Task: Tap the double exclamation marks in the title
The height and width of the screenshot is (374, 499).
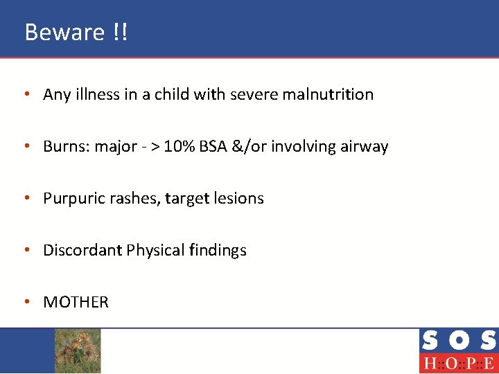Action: [x=119, y=32]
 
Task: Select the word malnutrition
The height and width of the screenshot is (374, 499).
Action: [x=328, y=94]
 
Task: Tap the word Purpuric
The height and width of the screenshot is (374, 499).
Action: [x=71, y=199]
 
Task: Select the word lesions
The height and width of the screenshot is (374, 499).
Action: [x=239, y=198]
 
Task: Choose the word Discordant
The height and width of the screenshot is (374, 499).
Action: [x=82, y=250]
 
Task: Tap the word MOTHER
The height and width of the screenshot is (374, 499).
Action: [x=76, y=302]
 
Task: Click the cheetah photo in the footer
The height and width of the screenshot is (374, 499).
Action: [x=78, y=350]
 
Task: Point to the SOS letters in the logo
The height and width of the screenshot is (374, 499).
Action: [x=458, y=341]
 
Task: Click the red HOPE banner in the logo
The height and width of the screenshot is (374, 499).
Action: [x=458, y=363]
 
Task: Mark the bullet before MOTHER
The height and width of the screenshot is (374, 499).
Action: [x=26, y=302]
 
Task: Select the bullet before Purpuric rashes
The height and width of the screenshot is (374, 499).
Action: [x=26, y=198]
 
